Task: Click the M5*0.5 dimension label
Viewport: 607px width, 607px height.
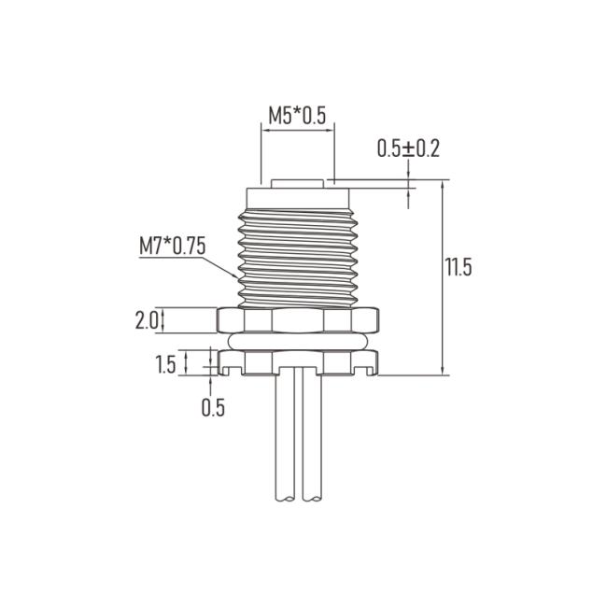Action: (x=297, y=115)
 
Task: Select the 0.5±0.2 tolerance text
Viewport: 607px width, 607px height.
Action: (x=408, y=148)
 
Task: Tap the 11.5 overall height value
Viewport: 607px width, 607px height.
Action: (x=459, y=267)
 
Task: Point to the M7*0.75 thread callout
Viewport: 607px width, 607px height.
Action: (x=172, y=246)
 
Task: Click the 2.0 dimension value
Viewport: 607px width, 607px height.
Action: (x=147, y=320)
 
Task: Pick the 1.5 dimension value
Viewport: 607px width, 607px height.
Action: (x=165, y=364)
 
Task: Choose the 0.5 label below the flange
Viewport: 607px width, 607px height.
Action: (x=213, y=407)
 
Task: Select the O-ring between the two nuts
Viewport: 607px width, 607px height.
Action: (x=297, y=342)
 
